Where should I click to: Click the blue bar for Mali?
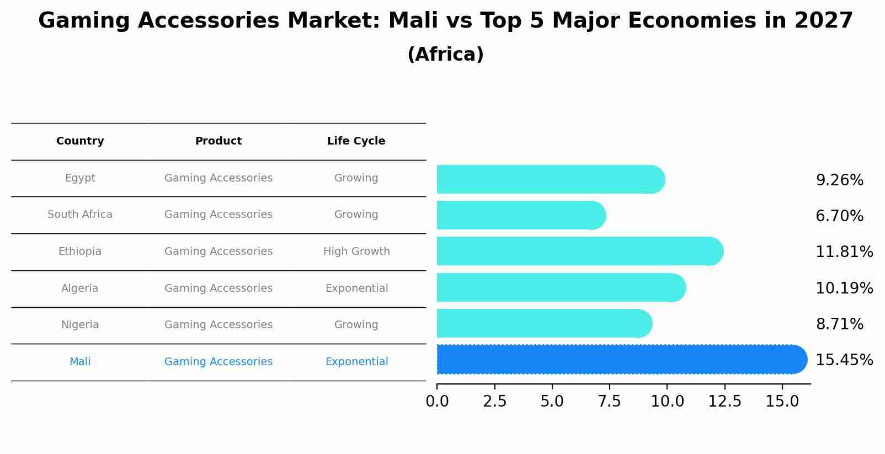pyautogui.click(x=618, y=360)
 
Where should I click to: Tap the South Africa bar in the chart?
pyautogui.click(x=519, y=215)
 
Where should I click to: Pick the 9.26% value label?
pyautogui.click(x=839, y=180)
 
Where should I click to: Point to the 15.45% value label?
pyautogui.click(x=844, y=360)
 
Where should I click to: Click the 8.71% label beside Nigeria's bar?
pyautogui.click(x=839, y=324)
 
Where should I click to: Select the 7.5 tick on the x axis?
pyautogui.click(x=610, y=402)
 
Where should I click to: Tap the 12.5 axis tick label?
pyautogui.click(x=724, y=402)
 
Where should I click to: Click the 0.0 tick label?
pyautogui.click(x=437, y=402)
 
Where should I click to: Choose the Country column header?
pyautogui.click(x=80, y=141)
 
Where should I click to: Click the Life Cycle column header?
pyautogui.click(x=356, y=141)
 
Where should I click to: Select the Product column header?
pyautogui.click(x=218, y=141)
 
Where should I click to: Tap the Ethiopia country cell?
pyautogui.click(x=80, y=252)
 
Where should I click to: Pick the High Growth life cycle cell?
pyautogui.click(x=356, y=252)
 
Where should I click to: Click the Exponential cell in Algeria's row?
pyautogui.click(x=356, y=289)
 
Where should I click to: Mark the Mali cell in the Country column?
pyautogui.click(x=80, y=362)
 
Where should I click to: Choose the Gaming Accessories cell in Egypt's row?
pyautogui.click(x=218, y=178)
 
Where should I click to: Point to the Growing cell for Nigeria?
pyautogui.click(x=356, y=325)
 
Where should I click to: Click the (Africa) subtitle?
pyautogui.click(x=445, y=55)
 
